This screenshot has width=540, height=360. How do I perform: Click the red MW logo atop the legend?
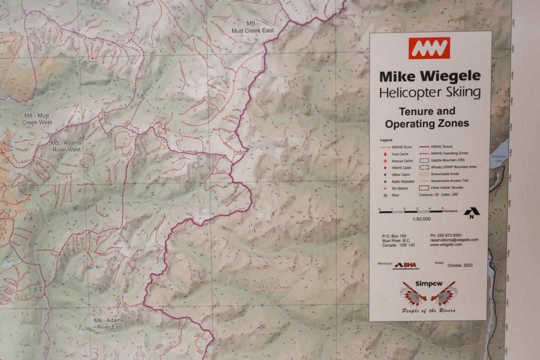[429, 48]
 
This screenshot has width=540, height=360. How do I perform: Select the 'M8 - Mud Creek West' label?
[38, 118]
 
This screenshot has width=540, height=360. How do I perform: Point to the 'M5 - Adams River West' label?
[66, 145]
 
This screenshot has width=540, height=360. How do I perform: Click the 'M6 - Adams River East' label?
[109, 323]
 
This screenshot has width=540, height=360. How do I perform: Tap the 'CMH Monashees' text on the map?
[270, 287]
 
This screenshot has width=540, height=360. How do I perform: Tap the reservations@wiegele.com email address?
[454, 240]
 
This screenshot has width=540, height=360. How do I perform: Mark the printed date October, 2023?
[460, 265]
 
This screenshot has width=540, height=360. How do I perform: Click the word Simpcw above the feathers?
[429, 283]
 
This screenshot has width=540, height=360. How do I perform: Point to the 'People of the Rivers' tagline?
[429, 310]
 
